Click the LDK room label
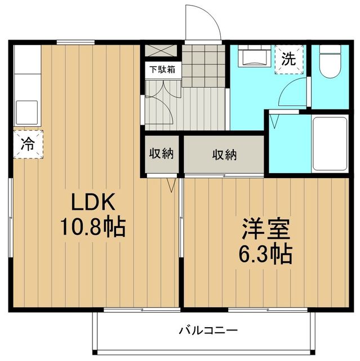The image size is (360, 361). [93, 202]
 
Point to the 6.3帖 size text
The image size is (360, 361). [266, 255]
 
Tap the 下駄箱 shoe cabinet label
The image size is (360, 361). [161, 71]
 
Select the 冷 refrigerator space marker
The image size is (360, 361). [26, 144]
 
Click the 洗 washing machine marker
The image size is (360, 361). [288, 59]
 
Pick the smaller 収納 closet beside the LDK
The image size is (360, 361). [161, 153]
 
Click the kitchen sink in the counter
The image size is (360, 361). [26, 111]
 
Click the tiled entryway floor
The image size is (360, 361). [203, 65]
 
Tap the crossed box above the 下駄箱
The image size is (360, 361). [161, 49]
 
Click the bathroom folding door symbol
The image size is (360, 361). [276, 120]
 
